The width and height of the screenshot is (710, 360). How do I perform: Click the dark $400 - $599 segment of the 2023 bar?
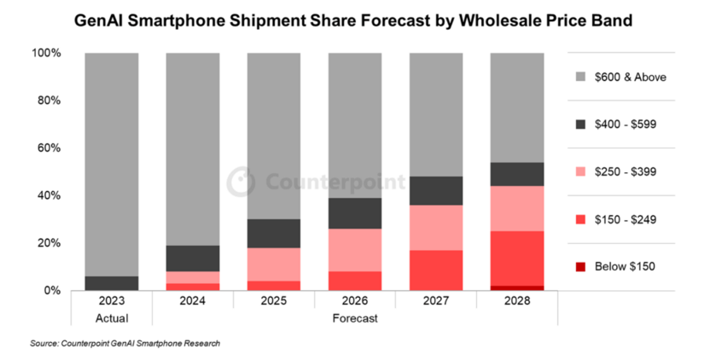[x=113, y=283]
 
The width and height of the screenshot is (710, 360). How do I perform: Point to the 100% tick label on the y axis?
[x=46, y=53]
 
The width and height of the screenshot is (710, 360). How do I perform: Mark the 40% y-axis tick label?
[x=49, y=195]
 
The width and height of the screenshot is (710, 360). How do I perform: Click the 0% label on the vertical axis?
[x=52, y=290]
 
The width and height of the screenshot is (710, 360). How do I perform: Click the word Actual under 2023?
[x=112, y=318]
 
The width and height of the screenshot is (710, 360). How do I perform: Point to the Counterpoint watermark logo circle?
[x=242, y=182]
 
